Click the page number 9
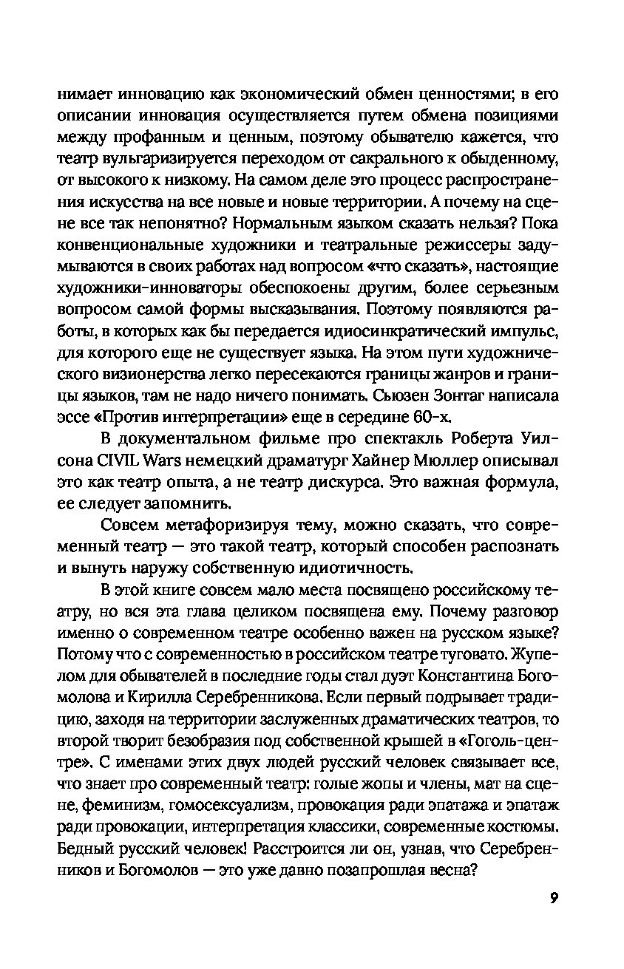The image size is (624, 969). point(554,898)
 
